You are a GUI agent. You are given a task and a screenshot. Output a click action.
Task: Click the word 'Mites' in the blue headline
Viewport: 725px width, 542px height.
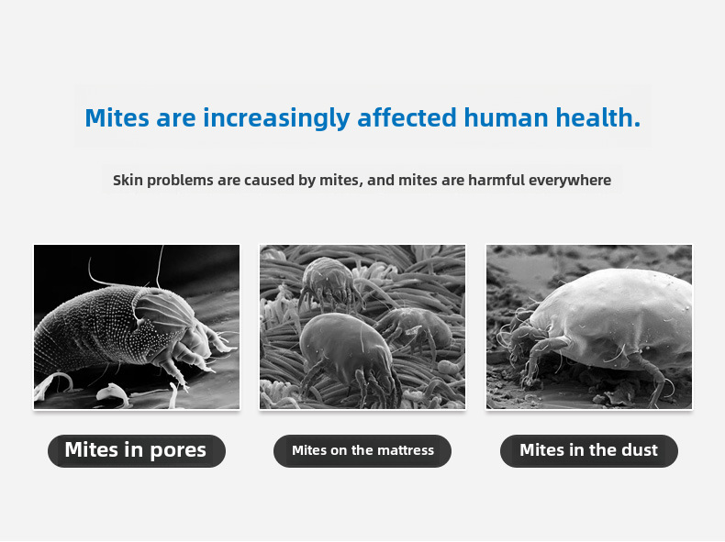tap(117, 117)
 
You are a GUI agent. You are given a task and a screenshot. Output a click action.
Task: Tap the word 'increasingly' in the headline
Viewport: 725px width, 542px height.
tap(276, 118)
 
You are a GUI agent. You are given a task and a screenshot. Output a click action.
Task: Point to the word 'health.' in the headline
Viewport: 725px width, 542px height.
tap(597, 117)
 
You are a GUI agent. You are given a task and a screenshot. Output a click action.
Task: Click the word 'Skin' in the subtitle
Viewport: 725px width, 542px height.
tap(128, 180)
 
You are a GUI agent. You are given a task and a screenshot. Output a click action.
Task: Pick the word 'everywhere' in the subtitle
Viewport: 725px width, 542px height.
tap(570, 180)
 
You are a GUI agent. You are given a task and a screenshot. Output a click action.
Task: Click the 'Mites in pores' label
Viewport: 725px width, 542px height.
tap(137, 450)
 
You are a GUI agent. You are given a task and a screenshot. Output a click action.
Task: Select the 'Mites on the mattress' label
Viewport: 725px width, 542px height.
tap(362, 450)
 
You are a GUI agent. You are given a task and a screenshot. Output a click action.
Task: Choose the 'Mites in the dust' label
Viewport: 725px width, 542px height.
tap(589, 450)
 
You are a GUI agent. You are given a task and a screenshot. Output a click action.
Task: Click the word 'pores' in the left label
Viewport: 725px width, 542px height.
tap(178, 451)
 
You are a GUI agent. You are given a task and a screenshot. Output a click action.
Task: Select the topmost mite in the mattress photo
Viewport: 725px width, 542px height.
tap(329, 282)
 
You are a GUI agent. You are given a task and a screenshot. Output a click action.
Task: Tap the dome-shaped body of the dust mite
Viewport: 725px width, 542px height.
tap(615, 315)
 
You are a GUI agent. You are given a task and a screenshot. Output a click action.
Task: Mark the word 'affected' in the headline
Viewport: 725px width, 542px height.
tap(407, 117)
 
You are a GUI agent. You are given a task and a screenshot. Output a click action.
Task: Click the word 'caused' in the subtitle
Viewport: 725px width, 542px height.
tap(269, 180)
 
